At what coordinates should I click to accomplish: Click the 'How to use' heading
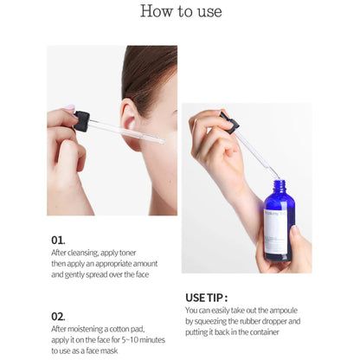pos(181,11)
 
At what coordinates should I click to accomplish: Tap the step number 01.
pos(58,240)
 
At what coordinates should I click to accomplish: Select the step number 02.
pos(58,317)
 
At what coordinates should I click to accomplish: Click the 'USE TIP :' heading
pos(206,298)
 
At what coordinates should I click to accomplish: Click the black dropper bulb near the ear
pos(81,121)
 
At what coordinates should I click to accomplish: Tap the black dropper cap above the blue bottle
pos(229,122)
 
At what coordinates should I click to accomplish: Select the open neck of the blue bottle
pos(279,184)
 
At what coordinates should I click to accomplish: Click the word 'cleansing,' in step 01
pos(83,253)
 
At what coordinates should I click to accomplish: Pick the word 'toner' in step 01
pos(127,253)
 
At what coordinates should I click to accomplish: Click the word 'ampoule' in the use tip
pos(283,311)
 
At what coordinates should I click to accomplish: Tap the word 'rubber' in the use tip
pos(247,321)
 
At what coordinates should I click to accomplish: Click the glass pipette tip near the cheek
pos(162,141)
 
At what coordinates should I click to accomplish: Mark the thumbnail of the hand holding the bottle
pos(295,230)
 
